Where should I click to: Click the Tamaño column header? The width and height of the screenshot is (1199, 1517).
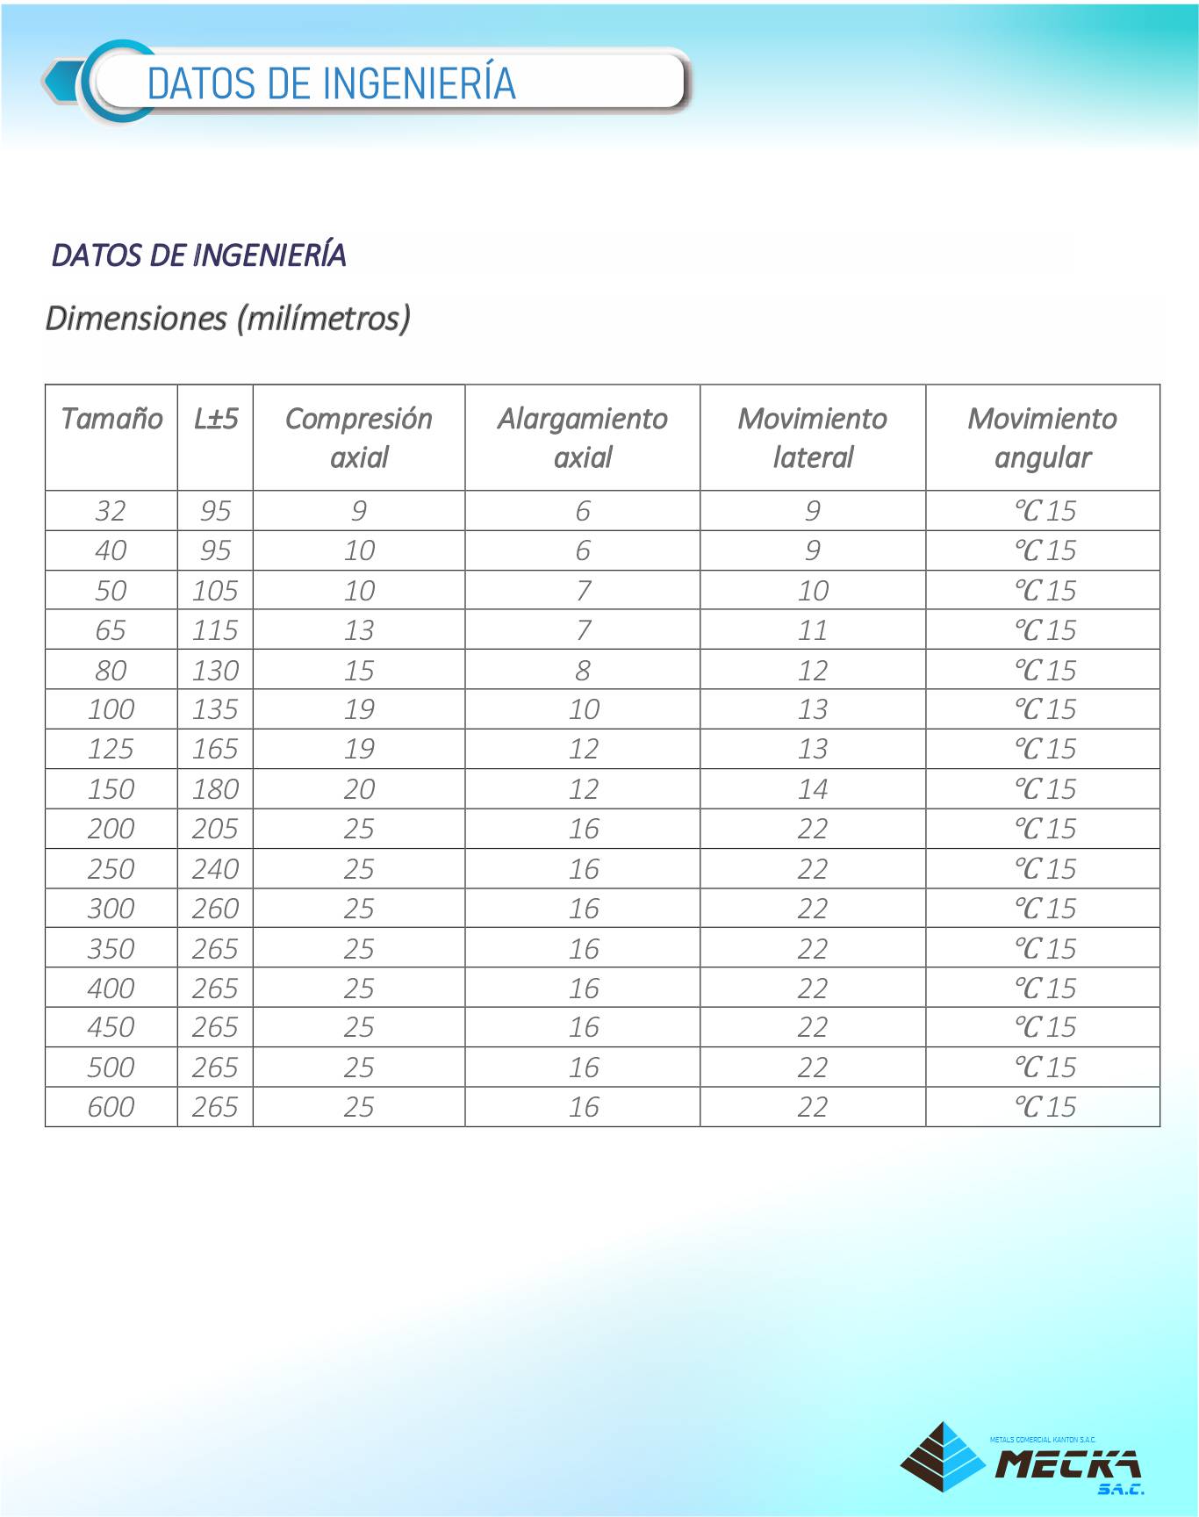pos(111,419)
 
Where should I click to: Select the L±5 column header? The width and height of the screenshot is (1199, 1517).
pos(216,419)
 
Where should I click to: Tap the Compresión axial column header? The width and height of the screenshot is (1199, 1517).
pos(359,437)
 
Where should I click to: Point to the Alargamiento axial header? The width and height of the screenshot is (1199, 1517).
pos(583,437)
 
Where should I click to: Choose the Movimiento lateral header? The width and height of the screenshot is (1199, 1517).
pos(813,437)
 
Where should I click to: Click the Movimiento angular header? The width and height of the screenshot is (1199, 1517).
pos(1043,437)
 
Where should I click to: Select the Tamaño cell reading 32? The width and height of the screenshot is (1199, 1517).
pos(111,511)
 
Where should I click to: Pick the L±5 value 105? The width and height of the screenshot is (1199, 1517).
pos(215,591)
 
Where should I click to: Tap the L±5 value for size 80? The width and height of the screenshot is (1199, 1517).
pos(215,671)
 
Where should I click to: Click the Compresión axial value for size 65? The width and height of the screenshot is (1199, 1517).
pos(359,630)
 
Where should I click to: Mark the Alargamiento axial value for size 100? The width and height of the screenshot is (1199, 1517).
pos(584,709)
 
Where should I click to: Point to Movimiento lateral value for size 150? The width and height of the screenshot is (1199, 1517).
pos(813,789)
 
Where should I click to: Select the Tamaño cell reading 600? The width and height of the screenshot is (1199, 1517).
pos(111,1107)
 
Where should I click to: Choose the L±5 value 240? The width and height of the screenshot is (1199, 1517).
pos(215,869)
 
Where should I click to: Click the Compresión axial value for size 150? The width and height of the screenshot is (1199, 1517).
pos(359,789)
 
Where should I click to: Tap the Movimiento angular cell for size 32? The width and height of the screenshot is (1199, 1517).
pos(1045,511)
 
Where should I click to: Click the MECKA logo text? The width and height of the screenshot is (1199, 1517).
pos(1068,1463)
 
